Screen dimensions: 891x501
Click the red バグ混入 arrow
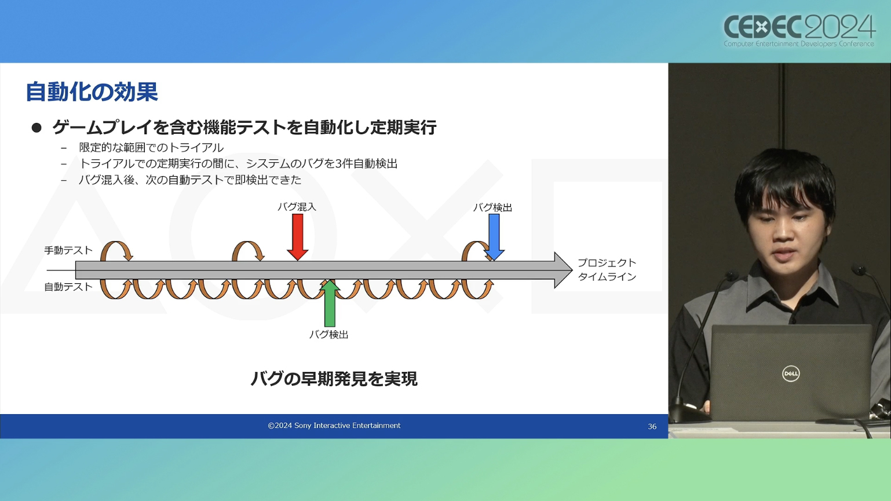[298, 237]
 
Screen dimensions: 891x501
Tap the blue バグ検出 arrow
[494, 237]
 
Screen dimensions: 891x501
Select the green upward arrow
[330, 303]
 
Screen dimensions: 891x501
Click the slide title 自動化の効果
[92, 92]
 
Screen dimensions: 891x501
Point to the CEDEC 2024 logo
[799, 30]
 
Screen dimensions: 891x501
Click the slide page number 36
[652, 427]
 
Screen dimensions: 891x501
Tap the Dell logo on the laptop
[790, 374]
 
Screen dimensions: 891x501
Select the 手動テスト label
[68, 250]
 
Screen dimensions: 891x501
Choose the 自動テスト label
[68, 287]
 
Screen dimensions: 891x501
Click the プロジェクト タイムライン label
[607, 269]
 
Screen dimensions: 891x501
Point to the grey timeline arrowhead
[563, 270]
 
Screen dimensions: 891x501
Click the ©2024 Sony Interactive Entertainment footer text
[334, 426]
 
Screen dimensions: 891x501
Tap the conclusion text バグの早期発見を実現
[334, 379]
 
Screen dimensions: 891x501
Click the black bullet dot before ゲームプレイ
[36, 127]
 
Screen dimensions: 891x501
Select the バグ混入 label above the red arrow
[297, 207]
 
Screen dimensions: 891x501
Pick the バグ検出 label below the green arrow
[328, 335]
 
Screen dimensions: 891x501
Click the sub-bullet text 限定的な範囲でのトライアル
[151, 148]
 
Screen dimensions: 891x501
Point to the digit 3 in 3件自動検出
[338, 164]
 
